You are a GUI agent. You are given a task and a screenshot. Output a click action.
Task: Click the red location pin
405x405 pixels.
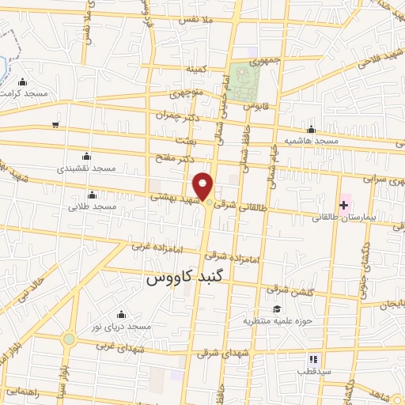[x=205, y=186]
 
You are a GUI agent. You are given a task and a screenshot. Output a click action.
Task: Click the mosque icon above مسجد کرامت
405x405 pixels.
[x=23, y=81]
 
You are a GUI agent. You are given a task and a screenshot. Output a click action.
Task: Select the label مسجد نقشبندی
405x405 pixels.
[x=86, y=168]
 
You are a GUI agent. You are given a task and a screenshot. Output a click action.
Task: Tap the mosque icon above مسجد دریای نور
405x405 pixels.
[x=120, y=315]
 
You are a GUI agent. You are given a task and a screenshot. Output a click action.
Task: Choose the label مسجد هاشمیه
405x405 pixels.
[x=312, y=141]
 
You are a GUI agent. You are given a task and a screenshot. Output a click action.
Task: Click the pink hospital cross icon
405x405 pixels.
[x=343, y=205]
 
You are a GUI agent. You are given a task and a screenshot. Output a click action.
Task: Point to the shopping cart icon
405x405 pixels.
[x=55, y=124]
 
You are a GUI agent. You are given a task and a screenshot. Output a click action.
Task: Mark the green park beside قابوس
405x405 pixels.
[x=245, y=81]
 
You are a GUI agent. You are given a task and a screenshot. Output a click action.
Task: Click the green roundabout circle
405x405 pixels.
[x=69, y=340]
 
